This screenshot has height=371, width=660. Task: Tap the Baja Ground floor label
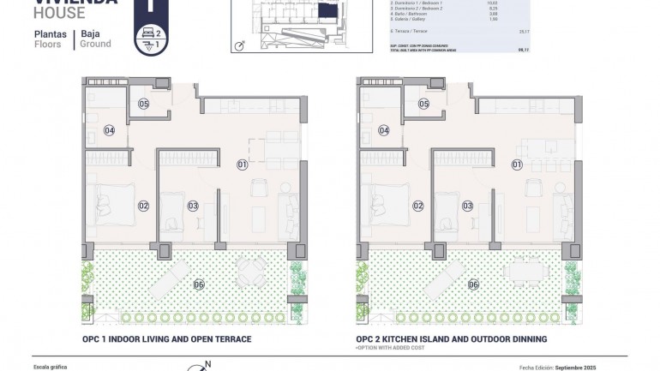coord(95,39)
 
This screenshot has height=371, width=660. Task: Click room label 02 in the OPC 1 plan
coord(143,205)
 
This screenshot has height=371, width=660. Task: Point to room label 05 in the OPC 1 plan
coord(143,104)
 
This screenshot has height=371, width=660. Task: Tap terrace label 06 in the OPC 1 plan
coord(199,284)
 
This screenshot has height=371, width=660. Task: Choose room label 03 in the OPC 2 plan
coord(467,205)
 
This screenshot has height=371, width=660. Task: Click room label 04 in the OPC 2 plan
coord(384,130)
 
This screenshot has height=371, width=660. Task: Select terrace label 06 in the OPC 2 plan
coord(474,284)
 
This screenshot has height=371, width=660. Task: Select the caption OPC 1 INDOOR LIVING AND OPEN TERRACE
coord(166,339)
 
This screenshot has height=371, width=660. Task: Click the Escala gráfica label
coord(49,367)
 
